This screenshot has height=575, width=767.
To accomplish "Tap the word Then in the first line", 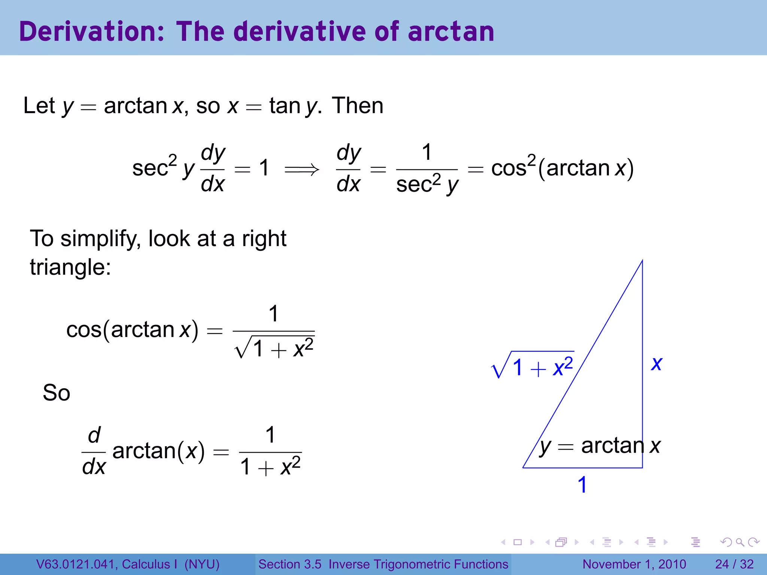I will (358, 106).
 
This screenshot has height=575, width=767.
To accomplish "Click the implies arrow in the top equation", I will (302, 170).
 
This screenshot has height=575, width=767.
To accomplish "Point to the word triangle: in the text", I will (70, 267).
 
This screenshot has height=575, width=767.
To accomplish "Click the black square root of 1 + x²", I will (274, 348).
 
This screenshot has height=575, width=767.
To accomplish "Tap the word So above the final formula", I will (56, 393).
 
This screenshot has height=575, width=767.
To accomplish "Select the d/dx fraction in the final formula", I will (94, 451).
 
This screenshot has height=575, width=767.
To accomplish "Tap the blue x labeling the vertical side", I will (657, 363).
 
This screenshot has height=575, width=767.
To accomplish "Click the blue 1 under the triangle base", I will (582, 485).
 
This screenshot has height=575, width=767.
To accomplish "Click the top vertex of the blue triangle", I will (642, 261).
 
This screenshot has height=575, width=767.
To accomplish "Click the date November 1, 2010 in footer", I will (634, 564).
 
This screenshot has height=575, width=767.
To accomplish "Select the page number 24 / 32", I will (734, 564).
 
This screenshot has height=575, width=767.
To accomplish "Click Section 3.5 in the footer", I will (290, 564).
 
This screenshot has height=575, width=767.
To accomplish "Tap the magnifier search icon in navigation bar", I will (740, 542).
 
